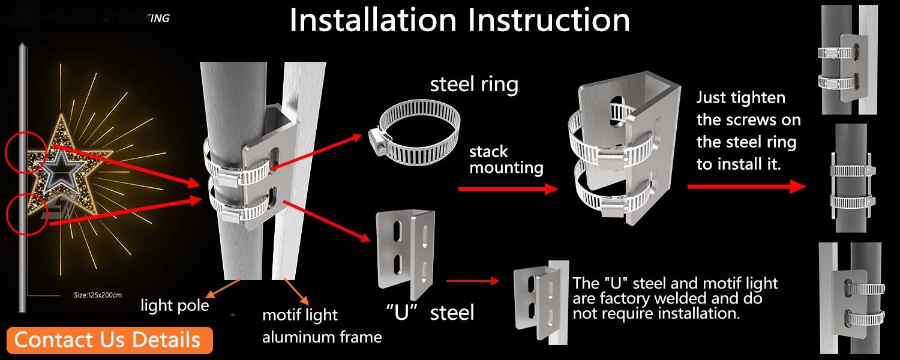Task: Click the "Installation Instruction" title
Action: [x=460, y=20]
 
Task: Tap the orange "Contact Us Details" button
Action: [x=107, y=340]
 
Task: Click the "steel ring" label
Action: [x=474, y=84]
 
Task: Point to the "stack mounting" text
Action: [x=506, y=160]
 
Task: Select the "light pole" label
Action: [x=175, y=306]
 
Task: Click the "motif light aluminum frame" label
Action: [x=322, y=326]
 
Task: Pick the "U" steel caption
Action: [x=430, y=312]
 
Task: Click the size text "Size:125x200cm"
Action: [x=97, y=295]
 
